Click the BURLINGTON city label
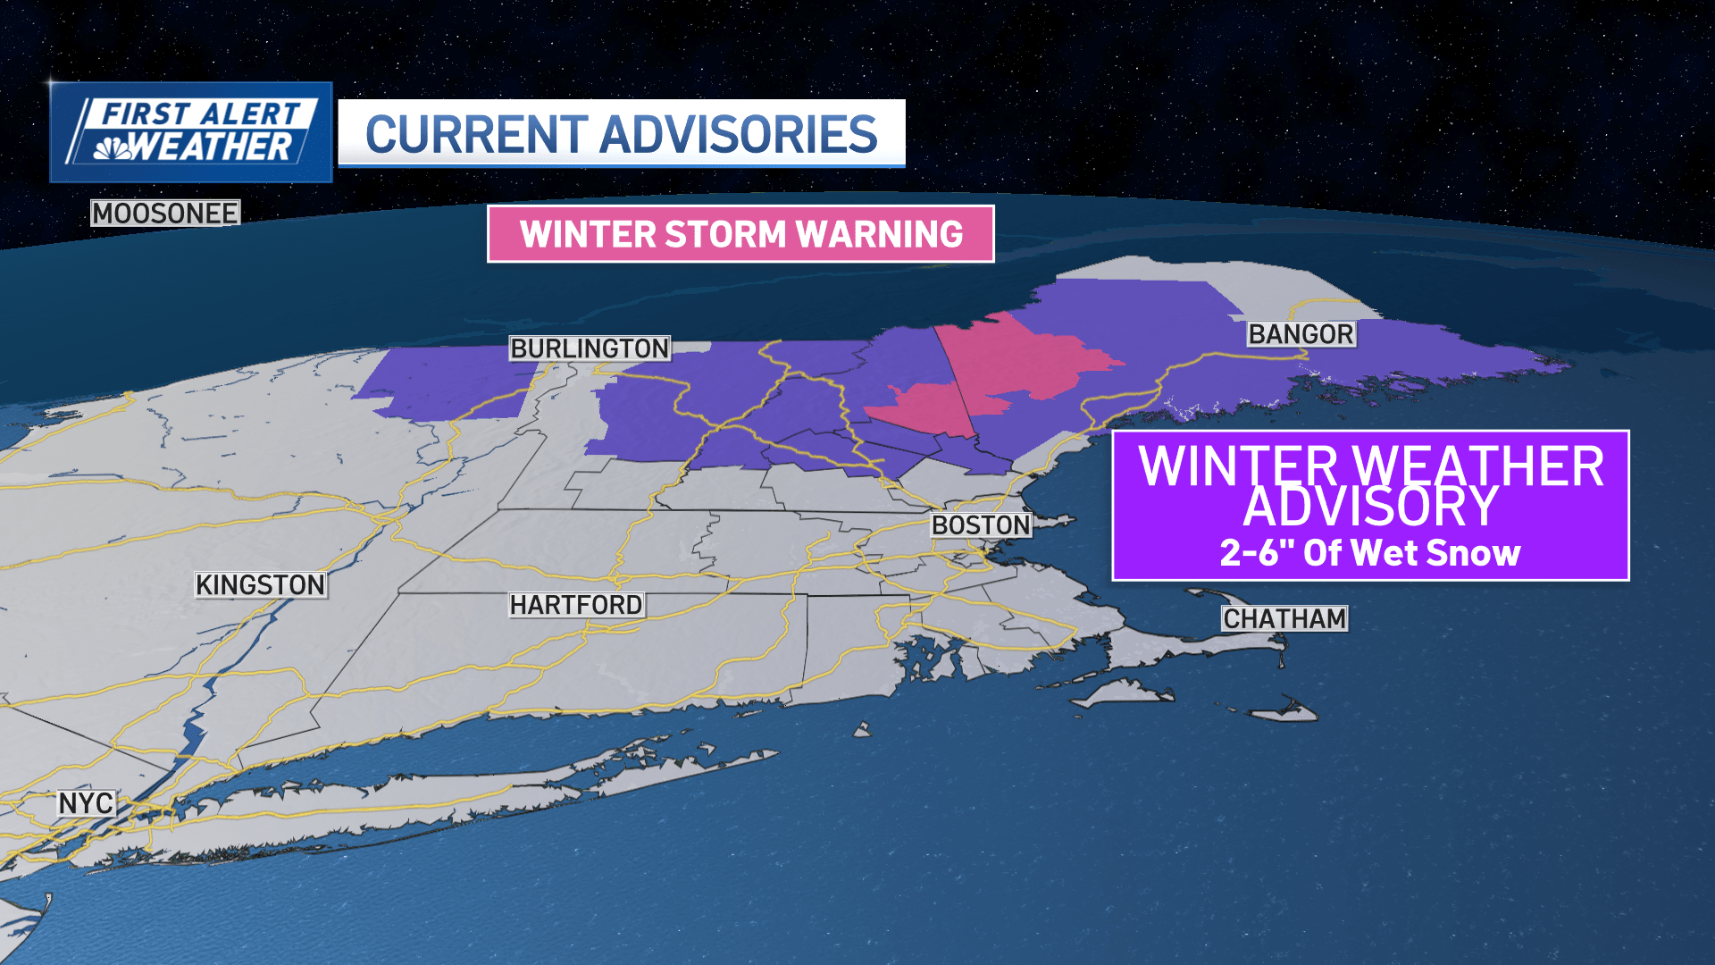point(590,348)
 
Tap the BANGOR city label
point(1301,334)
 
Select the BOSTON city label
point(981,525)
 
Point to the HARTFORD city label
point(576,605)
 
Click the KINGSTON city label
point(261,585)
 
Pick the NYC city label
point(86,803)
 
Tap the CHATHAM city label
point(1284,618)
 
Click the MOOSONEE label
point(165,214)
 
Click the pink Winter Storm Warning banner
point(740,234)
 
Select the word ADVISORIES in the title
point(738,135)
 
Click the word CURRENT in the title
point(477,135)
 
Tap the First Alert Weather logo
point(191,132)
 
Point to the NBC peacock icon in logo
point(113,148)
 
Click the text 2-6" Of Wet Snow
point(1369,553)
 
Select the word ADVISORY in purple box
point(1369,507)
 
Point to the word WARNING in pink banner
point(879,234)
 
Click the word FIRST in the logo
point(146,114)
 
